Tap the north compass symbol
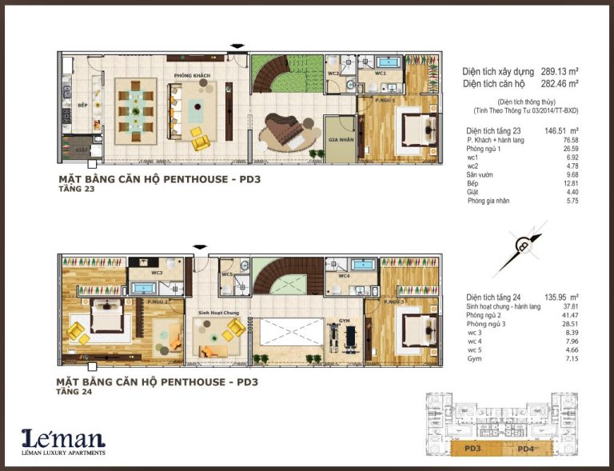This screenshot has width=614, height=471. point(524,246)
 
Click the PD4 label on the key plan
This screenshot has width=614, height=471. point(525,449)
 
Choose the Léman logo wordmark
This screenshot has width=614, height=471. point(63,437)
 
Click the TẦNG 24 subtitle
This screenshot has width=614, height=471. point(74,393)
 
